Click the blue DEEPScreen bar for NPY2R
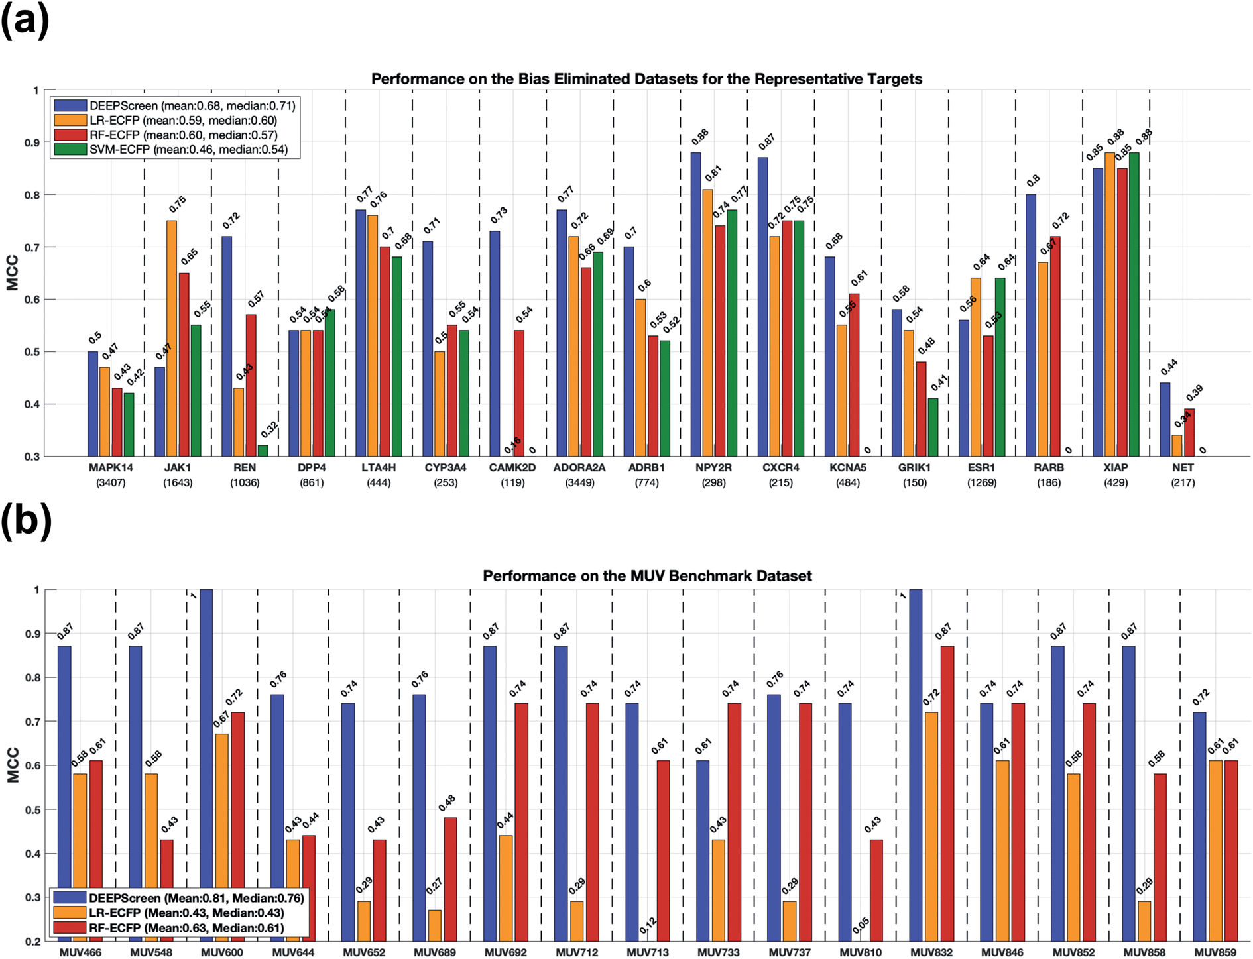click(695, 304)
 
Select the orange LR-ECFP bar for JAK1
click(172, 338)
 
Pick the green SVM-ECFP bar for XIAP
click(1134, 304)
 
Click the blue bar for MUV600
click(206, 762)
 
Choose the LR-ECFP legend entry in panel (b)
click(186, 913)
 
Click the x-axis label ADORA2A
click(579, 467)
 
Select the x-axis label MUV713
click(648, 952)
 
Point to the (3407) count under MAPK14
click(111, 483)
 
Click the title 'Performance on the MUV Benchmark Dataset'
click(647, 576)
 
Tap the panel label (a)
click(25, 21)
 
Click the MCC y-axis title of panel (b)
click(13, 765)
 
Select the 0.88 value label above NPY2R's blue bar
click(700, 137)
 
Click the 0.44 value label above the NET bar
click(1169, 366)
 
